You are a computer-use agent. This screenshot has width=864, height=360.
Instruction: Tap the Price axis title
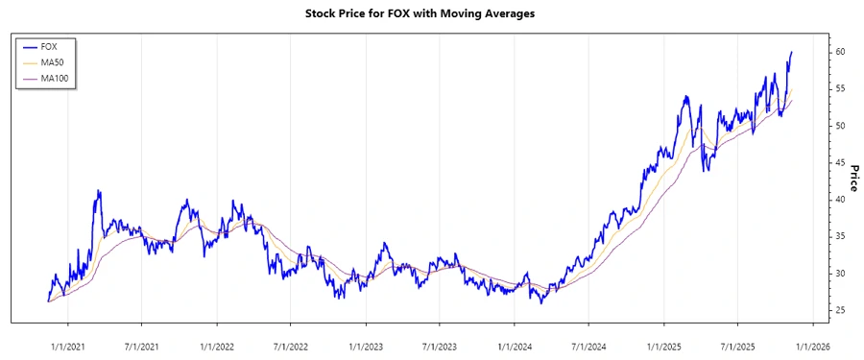[853, 179]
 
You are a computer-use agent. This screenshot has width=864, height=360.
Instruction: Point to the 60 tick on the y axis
[839, 52]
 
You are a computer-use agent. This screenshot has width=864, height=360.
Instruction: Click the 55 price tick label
[839, 88]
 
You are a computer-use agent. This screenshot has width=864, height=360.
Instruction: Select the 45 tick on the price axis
[839, 162]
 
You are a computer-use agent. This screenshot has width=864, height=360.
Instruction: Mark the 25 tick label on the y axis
[839, 310]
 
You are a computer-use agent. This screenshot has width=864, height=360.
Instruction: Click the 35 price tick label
[839, 236]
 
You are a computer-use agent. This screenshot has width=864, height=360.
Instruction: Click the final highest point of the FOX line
[791, 52]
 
